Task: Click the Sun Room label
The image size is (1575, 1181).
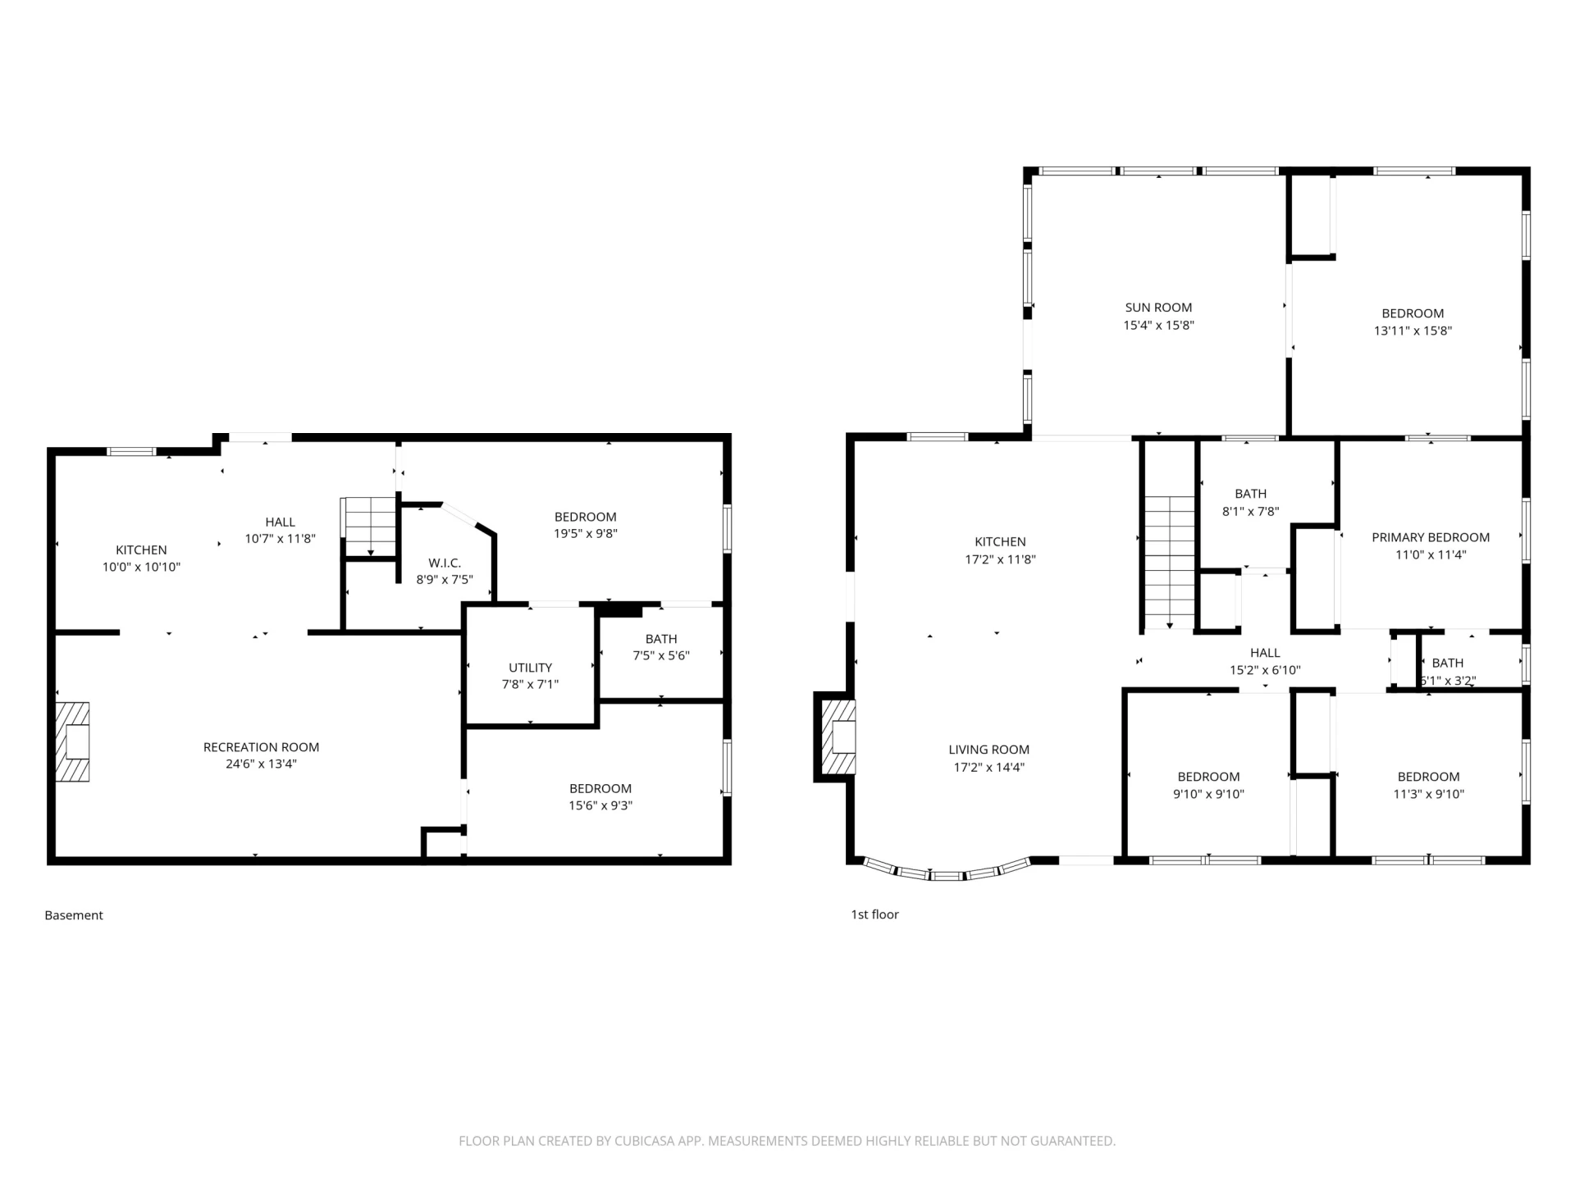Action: [x=1158, y=308]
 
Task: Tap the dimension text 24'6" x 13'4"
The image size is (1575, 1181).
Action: [x=261, y=764]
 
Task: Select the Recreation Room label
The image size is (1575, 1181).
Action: [x=261, y=747]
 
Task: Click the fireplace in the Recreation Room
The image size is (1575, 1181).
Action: [x=72, y=741]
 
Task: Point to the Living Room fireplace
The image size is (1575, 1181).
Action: [x=835, y=736]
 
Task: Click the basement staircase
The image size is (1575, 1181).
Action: [x=369, y=527]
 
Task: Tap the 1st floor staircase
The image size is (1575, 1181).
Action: [x=1170, y=563]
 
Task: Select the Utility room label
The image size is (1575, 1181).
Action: [x=531, y=668]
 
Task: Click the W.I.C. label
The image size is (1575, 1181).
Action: [x=445, y=563]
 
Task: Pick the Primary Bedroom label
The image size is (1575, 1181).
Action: [x=1431, y=537]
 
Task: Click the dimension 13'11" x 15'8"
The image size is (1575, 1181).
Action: [x=1413, y=331]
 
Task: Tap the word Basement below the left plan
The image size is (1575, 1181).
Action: [x=74, y=915]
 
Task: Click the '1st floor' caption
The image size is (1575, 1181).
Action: [x=874, y=914]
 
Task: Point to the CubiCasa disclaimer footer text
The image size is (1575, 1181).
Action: [x=787, y=1141]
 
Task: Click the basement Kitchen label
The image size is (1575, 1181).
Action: [x=141, y=550]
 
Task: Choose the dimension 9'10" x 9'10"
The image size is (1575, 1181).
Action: [x=1208, y=794]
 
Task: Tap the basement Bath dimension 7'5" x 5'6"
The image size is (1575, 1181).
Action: [x=661, y=656]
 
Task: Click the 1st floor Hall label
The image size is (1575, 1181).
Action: [x=1265, y=653]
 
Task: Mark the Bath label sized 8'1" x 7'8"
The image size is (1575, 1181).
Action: [x=1250, y=494]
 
